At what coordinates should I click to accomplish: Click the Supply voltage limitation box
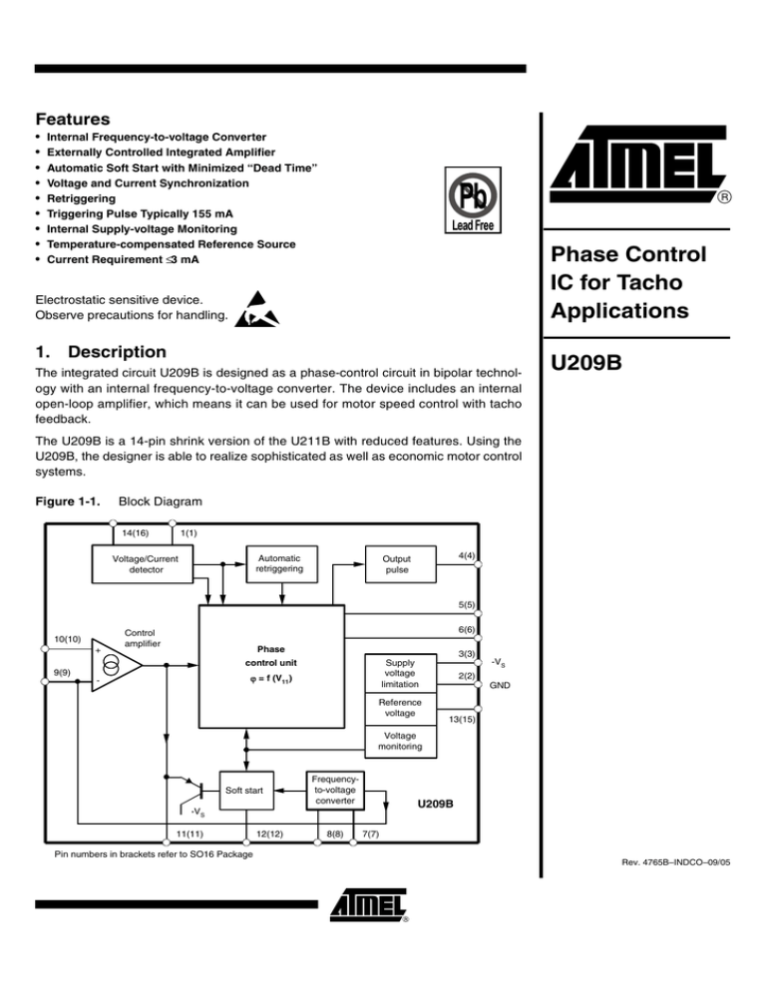tap(406, 673)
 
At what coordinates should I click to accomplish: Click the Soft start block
tap(244, 792)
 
